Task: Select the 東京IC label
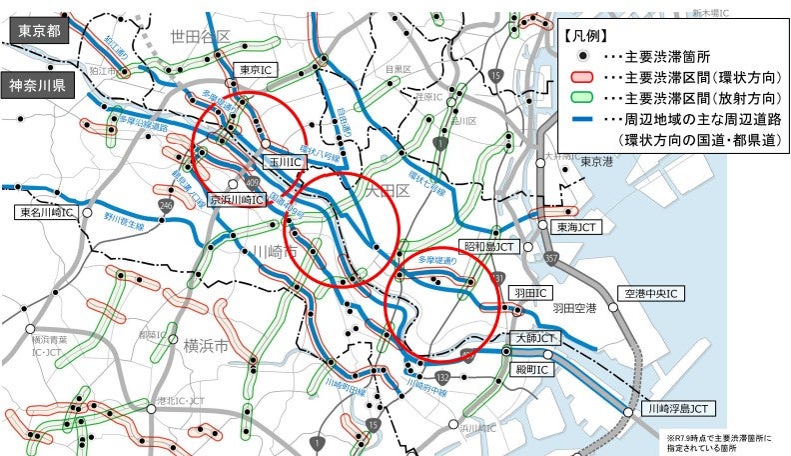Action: point(253,70)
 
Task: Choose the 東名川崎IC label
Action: point(44,212)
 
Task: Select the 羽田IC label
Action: point(530,293)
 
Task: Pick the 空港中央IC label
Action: point(650,293)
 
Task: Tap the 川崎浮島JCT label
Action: point(678,408)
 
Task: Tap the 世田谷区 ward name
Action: point(200,37)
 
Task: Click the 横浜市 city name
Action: point(206,346)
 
